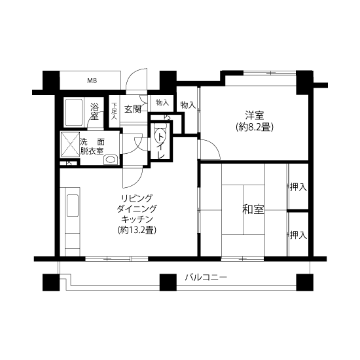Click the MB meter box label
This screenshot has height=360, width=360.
[x=92, y=81]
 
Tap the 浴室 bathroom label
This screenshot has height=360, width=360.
[x=94, y=111]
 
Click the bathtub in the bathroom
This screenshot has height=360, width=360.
[x=74, y=113]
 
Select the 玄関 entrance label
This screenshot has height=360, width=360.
[x=133, y=109]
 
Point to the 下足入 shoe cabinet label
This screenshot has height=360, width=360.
[x=114, y=111]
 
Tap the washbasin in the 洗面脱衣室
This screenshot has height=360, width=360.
[x=111, y=160]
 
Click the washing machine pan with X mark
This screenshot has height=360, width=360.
[x=70, y=145]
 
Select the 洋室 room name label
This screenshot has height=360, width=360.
[x=255, y=115]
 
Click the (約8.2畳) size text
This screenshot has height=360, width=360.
[x=255, y=127]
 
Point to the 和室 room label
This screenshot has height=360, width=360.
[x=253, y=209]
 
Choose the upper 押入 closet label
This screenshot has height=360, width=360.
[x=298, y=187]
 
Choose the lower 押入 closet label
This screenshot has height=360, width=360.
[x=298, y=235]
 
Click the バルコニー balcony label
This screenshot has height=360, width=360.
[x=206, y=278]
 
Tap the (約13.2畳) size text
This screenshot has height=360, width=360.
[x=137, y=230]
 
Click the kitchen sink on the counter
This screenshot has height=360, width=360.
[x=73, y=206]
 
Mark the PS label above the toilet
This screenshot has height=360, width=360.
[x=168, y=117]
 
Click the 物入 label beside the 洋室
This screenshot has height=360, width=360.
[x=188, y=105]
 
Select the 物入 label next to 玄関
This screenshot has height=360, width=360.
[x=162, y=102]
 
